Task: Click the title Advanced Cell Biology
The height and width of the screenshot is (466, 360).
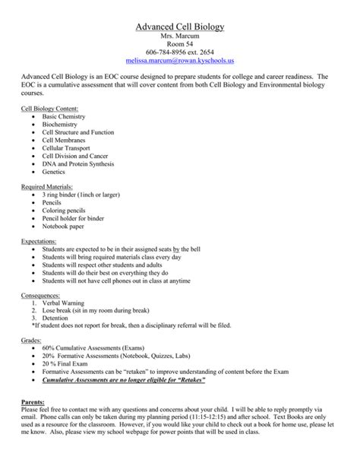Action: coord(180,27)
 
